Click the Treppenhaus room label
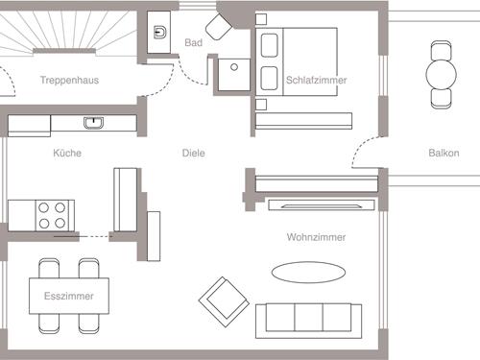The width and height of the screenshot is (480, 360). (x=69, y=80)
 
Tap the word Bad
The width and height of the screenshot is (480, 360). (x=194, y=42)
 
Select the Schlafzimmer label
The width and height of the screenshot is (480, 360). (x=316, y=80)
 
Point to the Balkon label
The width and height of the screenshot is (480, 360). (x=444, y=153)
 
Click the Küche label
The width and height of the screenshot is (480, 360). (x=67, y=153)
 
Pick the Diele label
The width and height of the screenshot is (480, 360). (x=193, y=153)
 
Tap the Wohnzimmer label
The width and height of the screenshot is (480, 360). (x=316, y=237)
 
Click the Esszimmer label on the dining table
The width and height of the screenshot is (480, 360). (x=69, y=296)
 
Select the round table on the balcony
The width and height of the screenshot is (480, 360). (x=442, y=75)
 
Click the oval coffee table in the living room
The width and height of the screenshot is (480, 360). (x=308, y=273)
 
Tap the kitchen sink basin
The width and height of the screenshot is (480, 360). (x=93, y=123)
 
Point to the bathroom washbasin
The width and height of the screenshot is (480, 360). (x=160, y=32)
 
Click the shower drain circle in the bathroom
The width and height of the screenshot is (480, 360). (x=234, y=67)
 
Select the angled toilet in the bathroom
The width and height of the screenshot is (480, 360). (x=219, y=27)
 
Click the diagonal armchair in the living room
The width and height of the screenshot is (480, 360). (x=224, y=301)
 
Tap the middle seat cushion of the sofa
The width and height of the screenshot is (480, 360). (x=308, y=317)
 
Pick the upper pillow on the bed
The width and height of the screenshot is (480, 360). (x=269, y=45)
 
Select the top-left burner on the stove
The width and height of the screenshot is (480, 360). (x=44, y=208)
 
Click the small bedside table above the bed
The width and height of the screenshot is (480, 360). (x=261, y=19)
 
